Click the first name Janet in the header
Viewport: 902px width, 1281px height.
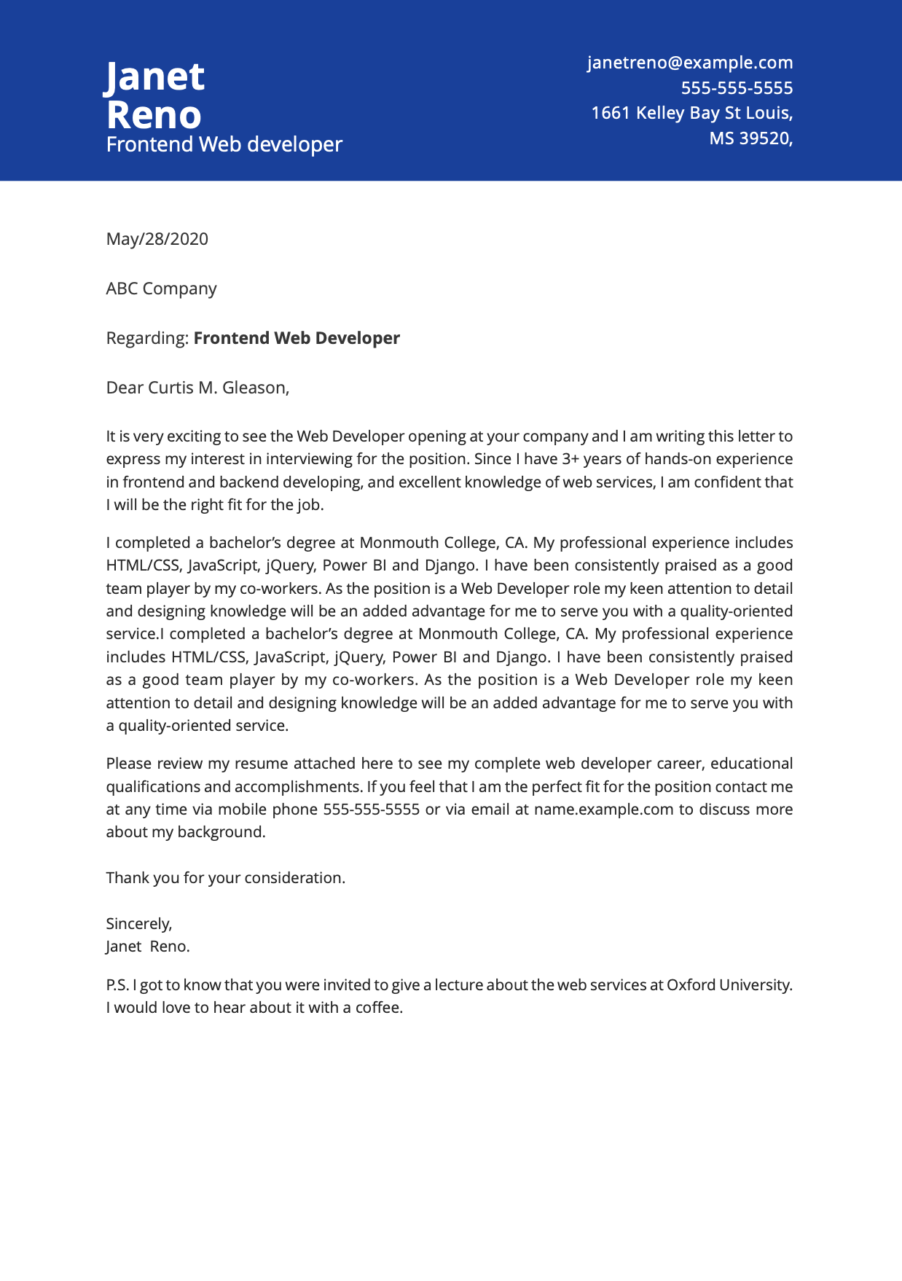point(155,77)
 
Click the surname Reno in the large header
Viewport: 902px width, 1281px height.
point(154,115)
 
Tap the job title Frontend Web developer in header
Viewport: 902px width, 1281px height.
point(224,145)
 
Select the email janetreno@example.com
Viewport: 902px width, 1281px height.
point(690,63)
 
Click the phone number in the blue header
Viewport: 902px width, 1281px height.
point(737,88)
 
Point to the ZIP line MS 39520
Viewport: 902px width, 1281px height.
point(750,138)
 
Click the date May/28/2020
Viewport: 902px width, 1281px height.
point(157,239)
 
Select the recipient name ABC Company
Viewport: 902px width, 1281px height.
point(161,289)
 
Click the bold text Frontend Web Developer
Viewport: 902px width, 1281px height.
point(297,338)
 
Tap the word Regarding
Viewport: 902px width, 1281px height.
point(147,338)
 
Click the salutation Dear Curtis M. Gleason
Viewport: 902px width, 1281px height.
point(197,388)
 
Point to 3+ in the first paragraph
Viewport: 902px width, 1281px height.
point(570,459)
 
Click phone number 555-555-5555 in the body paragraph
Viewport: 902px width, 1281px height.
point(371,810)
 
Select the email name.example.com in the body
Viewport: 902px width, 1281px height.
point(603,810)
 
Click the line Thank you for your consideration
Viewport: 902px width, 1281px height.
point(225,878)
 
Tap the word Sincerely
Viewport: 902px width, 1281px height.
point(138,924)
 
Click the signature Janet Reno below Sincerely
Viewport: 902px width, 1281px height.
point(147,947)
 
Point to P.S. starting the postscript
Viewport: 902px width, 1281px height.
point(117,985)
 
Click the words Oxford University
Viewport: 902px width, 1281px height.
point(729,985)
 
